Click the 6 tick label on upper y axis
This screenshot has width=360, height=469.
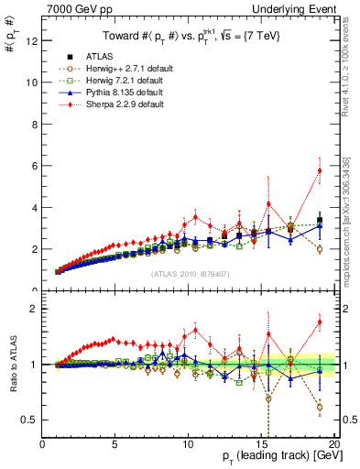(x=34, y=166)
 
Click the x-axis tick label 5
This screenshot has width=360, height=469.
(x=115, y=445)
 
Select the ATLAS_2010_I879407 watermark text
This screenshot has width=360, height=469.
(x=190, y=272)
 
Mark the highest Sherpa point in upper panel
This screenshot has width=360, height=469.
(x=320, y=170)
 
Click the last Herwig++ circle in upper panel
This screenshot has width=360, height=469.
(x=320, y=249)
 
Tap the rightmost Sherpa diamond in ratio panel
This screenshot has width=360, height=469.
(x=320, y=322)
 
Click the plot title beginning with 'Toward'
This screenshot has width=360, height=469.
(x=190, y=36)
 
